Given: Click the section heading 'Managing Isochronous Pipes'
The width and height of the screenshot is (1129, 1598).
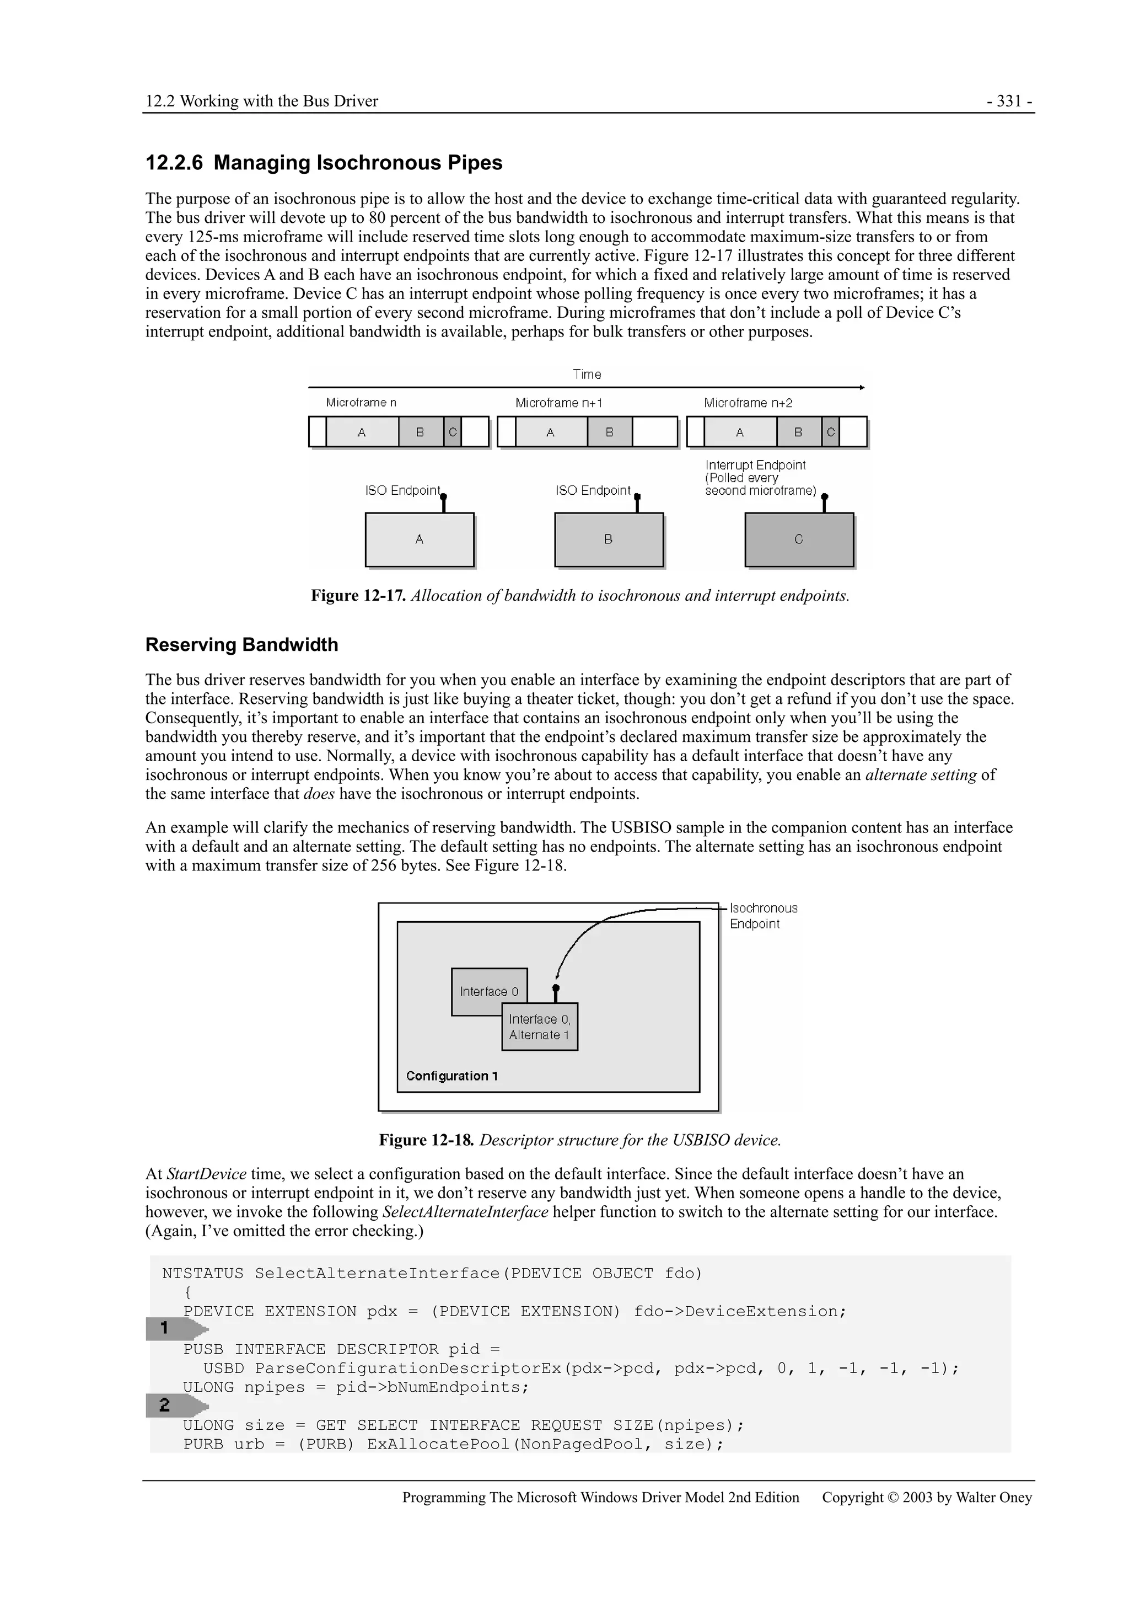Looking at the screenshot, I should click(x=358, y=163).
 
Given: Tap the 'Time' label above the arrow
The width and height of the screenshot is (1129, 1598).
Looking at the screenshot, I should click(x=587, y=375).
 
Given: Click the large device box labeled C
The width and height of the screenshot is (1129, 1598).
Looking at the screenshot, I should click(x=799, y=539).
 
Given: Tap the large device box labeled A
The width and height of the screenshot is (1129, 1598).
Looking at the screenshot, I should click(x=420, y=539).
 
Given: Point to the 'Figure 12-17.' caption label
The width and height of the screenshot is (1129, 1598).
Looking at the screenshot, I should click(x=358, y=596).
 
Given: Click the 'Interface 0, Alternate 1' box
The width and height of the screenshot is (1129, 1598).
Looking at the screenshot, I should click(x=540, y=1027).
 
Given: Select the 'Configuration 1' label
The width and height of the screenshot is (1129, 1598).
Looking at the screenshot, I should click(x=451, y=1076).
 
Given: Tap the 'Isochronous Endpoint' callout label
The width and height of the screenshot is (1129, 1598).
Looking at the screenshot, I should click(x=763, y=916).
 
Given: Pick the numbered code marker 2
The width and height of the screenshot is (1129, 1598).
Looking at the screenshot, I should click(x=165, y=1405).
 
